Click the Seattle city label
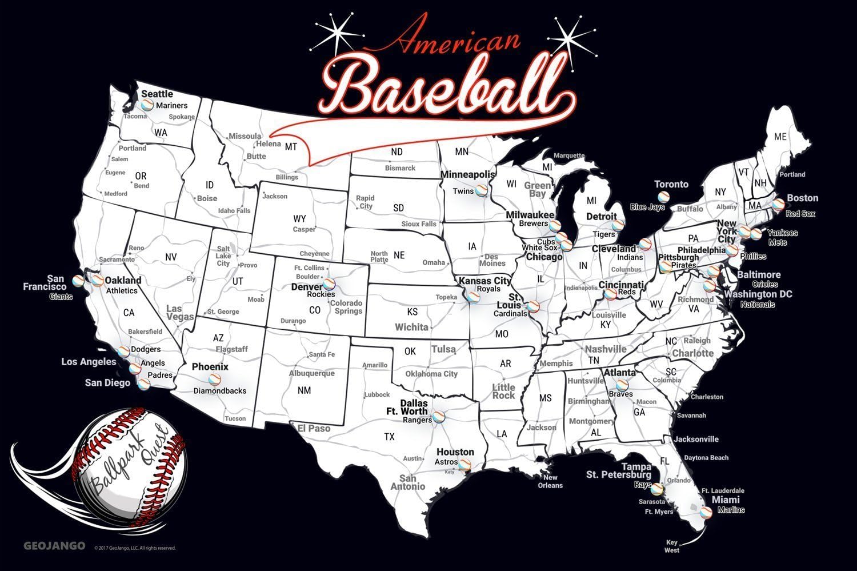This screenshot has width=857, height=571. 157,94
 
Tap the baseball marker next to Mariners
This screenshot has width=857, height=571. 147,105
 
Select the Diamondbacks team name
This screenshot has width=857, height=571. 219,391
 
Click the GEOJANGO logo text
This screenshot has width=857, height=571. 54,546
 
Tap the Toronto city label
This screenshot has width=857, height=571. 671,184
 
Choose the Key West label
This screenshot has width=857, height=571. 672,546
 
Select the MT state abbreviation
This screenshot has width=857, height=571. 291,147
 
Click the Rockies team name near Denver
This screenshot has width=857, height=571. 321,294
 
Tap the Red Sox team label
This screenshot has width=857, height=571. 800,214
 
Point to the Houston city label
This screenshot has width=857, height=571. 455,452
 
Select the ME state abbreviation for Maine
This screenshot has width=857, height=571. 780,137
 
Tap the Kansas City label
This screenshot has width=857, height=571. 485,281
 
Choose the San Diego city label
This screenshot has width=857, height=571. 107,382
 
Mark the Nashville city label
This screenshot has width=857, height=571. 606,349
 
